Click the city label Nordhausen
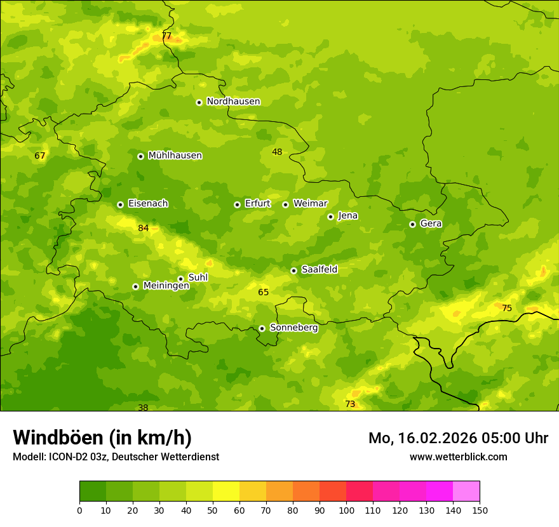[x=233, y=102]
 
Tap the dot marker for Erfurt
[x=237, y=204]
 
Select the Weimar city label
[x=310, y=204]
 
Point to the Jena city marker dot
[x=330, y=217]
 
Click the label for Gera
[x=431, y=223]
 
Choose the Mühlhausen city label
[x=175, y=156]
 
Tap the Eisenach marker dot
[x=120, y=204]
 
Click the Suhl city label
[x=198, y=277]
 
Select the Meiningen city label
[x=166, y=286]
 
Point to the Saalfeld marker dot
[x=293, y=270]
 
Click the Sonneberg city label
[x=293, y=328]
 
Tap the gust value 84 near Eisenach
[x=144, y=228]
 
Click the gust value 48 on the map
[x=277, y=152]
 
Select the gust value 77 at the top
[x=166, y=36]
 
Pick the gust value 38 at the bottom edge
[x=143, y=408]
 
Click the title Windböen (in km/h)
[x=102, y=437]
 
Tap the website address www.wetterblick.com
[x=458, y=457]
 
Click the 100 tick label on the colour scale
[x=346, y=510]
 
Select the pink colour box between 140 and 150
[x=466, y=491]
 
